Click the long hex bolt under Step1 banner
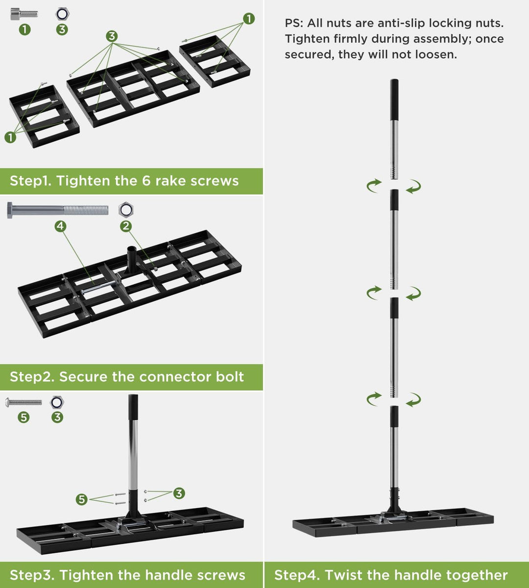(x=58, y=210)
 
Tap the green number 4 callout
(x=60, y=226)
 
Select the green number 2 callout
(x=126, y=226)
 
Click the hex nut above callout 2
(x=126, y=210)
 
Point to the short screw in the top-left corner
(x=24, y=14)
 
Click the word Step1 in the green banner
(x=30, y=181)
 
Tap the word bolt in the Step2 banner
(x=229, y=377)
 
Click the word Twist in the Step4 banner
(x=343, y=575)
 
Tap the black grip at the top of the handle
(x=394, y=99)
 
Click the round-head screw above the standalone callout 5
(x=24, y=402)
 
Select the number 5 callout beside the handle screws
(x=81, y=499)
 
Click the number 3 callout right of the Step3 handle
(x=179, y=493)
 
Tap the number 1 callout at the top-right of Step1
(x=249, y=19)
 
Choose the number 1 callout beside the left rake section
(x=10, y=137)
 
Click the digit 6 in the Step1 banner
(x=146, y=181)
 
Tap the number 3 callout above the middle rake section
(x=112, y=36)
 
